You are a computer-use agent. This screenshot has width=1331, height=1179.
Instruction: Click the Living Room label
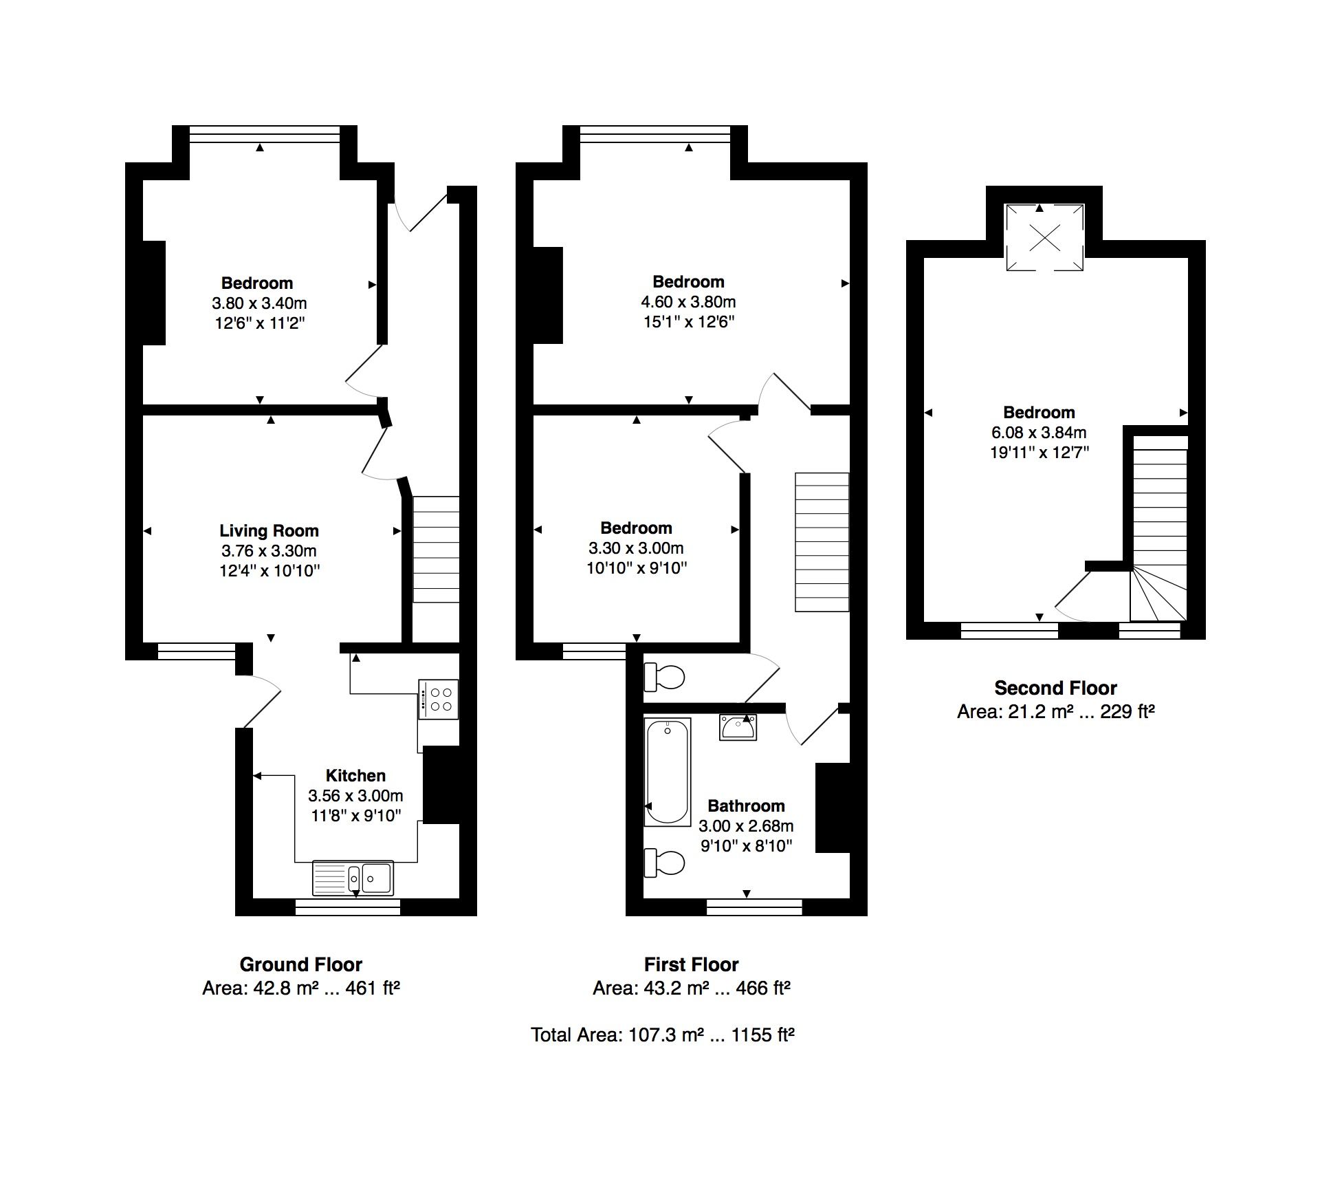click(x=269, y=530)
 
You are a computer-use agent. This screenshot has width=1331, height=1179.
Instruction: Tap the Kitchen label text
click(x=355, y=776)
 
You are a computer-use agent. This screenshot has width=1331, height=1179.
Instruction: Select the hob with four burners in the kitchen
click(x=438, y=700)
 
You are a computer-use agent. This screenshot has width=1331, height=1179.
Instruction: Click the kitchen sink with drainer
click(x=353, y=878)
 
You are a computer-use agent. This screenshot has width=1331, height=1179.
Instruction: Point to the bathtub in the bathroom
click(x=667, y=772)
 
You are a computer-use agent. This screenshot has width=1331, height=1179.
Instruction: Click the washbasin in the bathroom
click(x=738, y=727)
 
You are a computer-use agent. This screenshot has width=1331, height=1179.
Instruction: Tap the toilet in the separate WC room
click(x=664, y=678)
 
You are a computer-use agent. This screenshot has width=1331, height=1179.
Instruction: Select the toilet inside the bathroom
click(x=664, y=863)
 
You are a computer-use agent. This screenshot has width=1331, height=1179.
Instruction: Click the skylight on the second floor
click(x=1044, y=238)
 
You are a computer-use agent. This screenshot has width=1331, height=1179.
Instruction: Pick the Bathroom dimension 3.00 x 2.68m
click(x=746, y=826)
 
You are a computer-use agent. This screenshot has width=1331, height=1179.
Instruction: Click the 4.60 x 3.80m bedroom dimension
click(x=688, y=302)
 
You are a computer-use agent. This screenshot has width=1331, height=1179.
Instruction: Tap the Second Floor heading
click(x=1055, y=688)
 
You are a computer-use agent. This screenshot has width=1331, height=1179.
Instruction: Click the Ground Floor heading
click(x=300, y=964)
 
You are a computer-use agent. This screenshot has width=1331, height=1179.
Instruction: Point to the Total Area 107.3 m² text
click(x=663, y=1035)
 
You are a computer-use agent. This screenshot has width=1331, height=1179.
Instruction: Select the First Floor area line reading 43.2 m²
click(x=691, y=988)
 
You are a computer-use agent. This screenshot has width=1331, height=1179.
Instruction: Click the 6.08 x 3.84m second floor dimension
click(x=1038, y=433)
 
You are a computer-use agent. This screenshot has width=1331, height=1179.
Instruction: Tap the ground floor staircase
click(x=436, y=550)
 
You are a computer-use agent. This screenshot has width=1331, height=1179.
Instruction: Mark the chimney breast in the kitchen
click(x=441, y=785)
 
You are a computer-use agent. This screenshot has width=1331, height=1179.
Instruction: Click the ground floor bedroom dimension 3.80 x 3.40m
click(x=259, y=303)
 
